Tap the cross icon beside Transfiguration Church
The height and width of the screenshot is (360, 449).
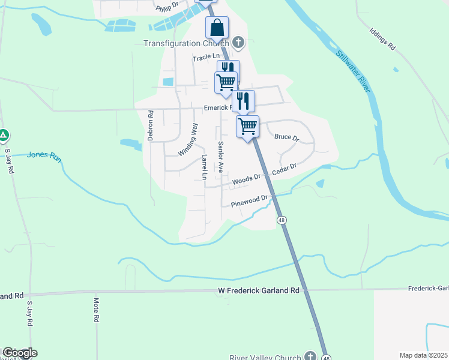coord(238,43)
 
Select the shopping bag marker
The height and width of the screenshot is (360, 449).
coord(217,28)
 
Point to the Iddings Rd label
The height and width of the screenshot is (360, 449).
coord(383,38)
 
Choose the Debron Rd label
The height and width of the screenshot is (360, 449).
coord(151,125)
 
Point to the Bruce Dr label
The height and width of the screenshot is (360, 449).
coord(286,137)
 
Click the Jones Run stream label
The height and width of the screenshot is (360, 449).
coord(44,155)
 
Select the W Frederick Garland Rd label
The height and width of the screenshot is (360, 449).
coord(258,290)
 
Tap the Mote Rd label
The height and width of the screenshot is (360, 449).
coord(96,310)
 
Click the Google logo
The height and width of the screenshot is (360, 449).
coord(19,353)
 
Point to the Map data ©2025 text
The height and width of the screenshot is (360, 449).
coord(423,355)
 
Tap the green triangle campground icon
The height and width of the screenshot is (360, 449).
coord(4,136)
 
